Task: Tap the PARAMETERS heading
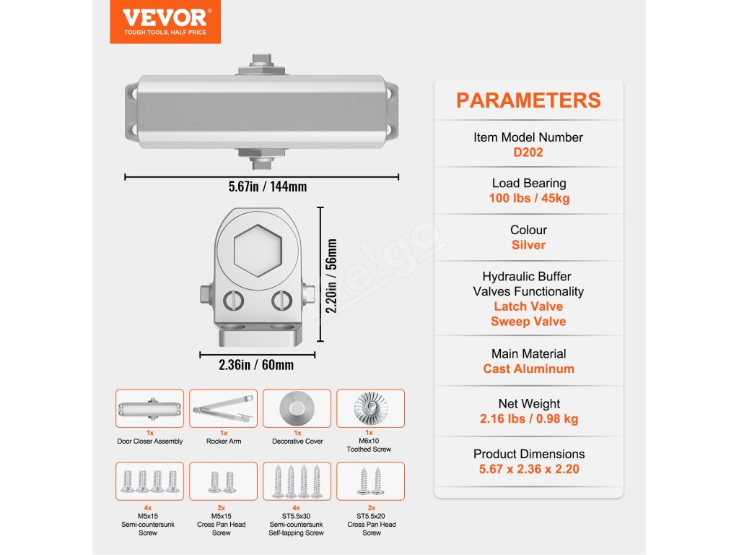coord(528,100)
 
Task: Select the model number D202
coord(528,152)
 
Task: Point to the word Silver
coord(528,245)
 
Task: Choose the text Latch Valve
coord(528,306)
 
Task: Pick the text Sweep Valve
coord(528,322)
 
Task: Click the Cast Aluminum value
coord(528,369)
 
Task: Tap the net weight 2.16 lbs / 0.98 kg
coord(528,418)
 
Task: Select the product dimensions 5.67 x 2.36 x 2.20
coord(528,469)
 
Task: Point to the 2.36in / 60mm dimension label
coord(256,365)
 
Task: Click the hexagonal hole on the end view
coord(257,247)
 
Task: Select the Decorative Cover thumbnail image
coord(297,408)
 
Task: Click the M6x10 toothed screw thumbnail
coord(371,408)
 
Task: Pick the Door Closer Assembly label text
coord(149,441)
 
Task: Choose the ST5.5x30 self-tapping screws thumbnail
coord(297,481)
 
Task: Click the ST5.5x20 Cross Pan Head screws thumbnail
coord(371,481)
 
